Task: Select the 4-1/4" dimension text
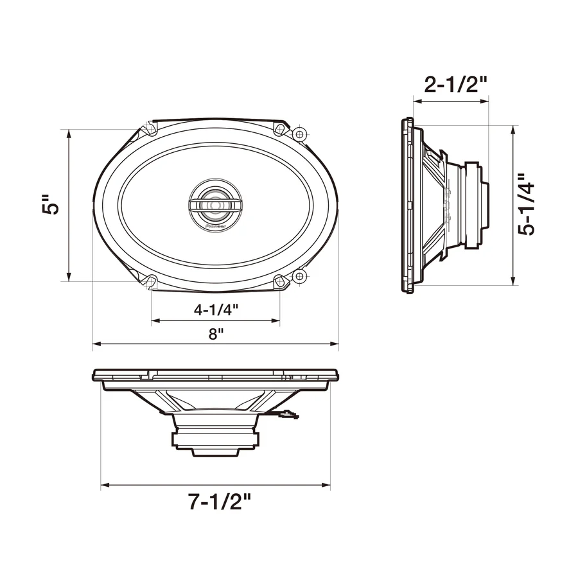coord(216,310)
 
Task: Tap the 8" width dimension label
coord(216,334)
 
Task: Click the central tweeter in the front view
coord(215,204)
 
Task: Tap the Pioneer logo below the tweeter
coord(215,226)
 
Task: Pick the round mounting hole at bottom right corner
coord(299,276)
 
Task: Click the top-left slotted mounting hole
coord(151,129)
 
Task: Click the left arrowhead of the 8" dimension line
coord(96,345)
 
